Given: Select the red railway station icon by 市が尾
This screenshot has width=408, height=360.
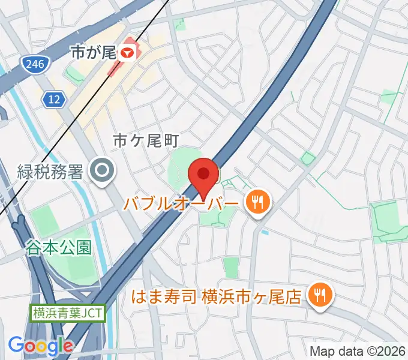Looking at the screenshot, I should [x=126, y=53].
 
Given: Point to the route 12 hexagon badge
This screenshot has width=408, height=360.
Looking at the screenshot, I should [x=55, y=100].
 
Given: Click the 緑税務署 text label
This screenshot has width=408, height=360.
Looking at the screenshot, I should [x=50, y=173].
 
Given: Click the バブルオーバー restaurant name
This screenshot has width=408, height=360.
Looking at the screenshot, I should [x=181, y=203].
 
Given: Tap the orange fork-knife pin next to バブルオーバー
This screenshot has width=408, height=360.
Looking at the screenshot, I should [x=259, y=201].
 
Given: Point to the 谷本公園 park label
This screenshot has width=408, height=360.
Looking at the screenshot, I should [x=58, y=247].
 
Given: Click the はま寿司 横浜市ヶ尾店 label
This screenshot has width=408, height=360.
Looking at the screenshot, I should [x=217, y=296].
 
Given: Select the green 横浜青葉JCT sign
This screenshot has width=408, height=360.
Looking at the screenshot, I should [x=68, y=313].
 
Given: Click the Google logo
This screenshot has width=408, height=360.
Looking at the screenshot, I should [x=41, y=346].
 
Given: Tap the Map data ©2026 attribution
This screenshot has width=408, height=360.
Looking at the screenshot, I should [x=358, y=351].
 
